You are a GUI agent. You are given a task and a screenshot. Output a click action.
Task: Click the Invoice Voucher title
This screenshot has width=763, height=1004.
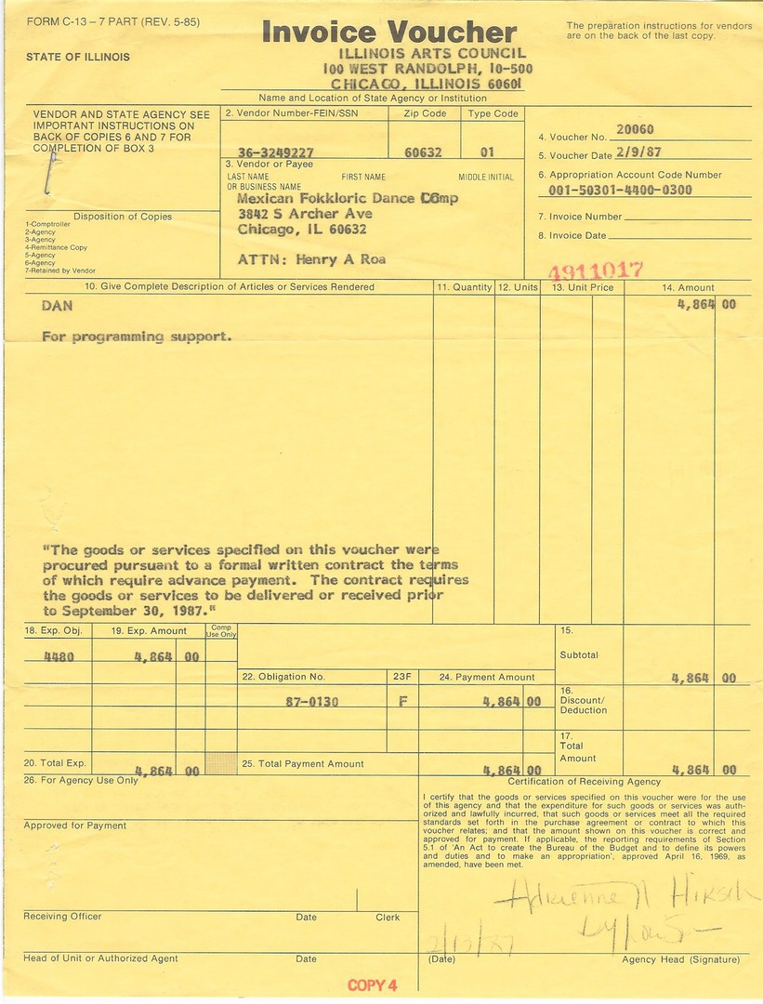tap(388, 32)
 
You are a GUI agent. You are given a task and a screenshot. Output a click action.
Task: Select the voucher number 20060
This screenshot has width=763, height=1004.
tap(635, 129)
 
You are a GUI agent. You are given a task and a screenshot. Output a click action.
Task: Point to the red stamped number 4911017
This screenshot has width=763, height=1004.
tap(596, 271)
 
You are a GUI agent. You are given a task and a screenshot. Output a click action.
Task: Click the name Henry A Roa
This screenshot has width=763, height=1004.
tap(340, 260)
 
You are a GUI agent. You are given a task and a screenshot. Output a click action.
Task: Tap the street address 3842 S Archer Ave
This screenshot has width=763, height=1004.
tap(305, 214)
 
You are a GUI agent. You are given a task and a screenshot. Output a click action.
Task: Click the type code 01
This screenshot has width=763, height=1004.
tap(487, 152)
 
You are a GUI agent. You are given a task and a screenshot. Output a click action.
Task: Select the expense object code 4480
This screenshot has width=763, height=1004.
tap(60, 655)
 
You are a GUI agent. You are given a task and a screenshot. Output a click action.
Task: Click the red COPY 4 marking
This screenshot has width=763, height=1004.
tap(373, 985)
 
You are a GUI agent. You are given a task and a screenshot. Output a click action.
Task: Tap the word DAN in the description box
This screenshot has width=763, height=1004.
tap(59, 305)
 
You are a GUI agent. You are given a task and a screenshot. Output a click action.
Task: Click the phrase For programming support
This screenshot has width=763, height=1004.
tap(136, 337)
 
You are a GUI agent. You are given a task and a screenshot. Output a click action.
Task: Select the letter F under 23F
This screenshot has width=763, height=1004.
tap(402, 702)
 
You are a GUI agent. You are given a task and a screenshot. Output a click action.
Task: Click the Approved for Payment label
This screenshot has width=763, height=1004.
tap(74, 826)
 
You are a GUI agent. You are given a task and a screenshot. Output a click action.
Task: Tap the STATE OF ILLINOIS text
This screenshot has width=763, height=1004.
tap(78, 57)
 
